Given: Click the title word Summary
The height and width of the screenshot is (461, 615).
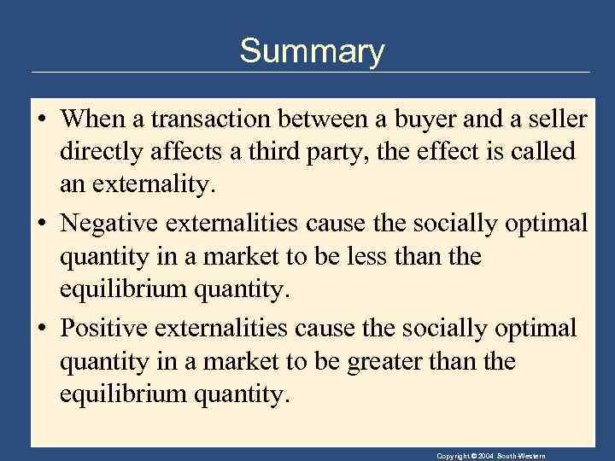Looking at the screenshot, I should coord(312,51).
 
